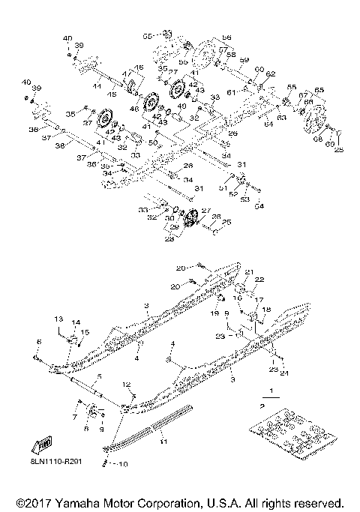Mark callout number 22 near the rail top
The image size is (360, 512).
259,280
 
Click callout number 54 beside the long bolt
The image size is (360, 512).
259,206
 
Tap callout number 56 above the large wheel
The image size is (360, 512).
226,37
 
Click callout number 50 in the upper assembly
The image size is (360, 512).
152,142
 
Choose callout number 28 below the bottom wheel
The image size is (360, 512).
169,240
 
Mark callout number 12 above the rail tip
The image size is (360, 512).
127,385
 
